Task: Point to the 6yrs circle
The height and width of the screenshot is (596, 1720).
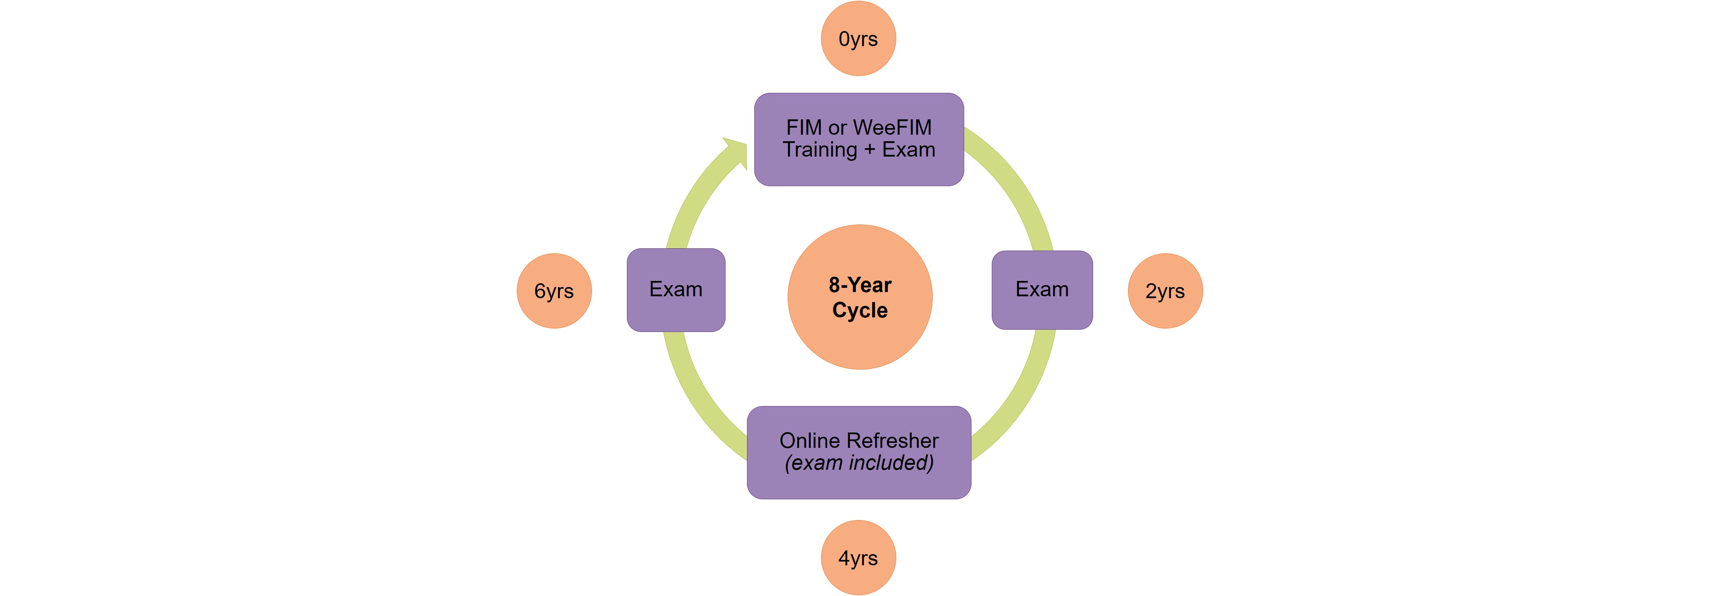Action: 554,291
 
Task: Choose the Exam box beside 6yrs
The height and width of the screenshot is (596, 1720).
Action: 676,290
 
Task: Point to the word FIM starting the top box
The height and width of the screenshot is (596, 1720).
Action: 803,127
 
